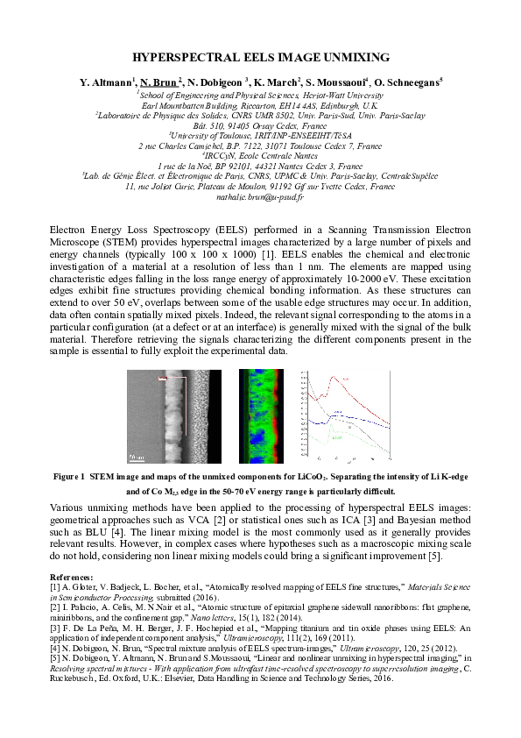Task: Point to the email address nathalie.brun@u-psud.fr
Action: point(260,198)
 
